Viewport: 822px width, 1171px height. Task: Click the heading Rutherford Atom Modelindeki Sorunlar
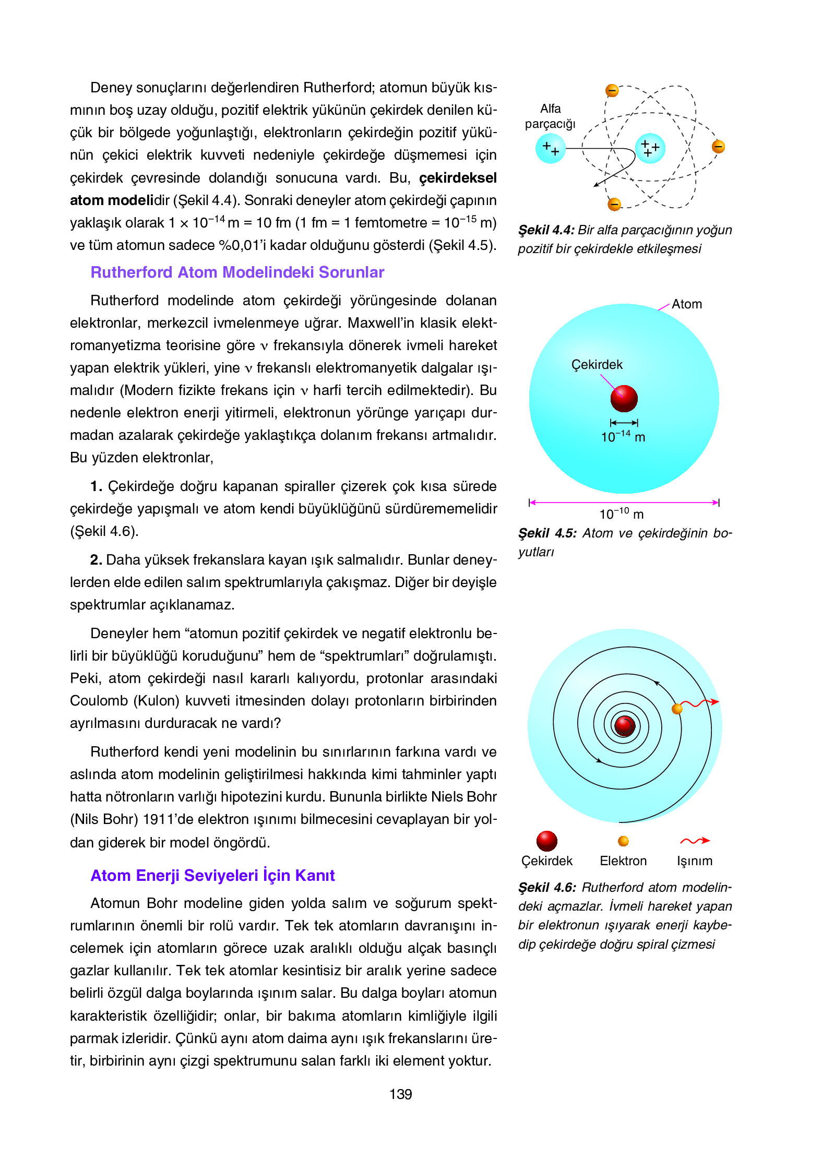(237, 272)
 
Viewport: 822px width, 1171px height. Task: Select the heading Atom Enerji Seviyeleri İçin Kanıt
(212, 875)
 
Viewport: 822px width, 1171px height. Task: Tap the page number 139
(400, 1094)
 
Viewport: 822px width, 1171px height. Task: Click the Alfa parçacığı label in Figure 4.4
(550, 116)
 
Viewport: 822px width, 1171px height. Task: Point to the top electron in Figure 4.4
(612, 91)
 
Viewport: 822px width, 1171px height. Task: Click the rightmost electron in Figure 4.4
(718, 147)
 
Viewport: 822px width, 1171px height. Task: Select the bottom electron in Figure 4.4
(614, 204)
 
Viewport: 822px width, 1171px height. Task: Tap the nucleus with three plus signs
(650, 148)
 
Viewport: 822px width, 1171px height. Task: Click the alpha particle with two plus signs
(550, 148)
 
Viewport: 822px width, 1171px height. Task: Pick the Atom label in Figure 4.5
(686, 304)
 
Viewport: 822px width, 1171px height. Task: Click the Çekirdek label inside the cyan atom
(597, 365)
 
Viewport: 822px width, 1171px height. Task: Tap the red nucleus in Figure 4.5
(624, 399)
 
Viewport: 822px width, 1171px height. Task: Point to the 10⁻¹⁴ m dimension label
(623, 437)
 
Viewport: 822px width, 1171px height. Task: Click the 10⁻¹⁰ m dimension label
(621, 515)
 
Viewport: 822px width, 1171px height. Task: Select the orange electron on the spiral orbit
(677, 709)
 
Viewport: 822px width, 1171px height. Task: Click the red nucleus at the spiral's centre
(624, 725)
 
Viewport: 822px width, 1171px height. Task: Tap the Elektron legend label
(623, 861)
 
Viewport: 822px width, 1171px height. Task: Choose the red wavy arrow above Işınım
(695, 841)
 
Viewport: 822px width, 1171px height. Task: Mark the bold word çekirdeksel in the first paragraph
(458, 178)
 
